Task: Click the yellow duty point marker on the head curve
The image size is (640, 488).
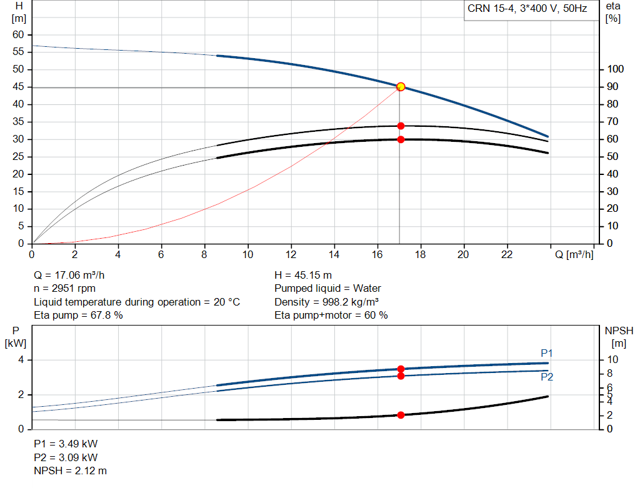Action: coord(401,86)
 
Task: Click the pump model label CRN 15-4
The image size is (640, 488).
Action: coord(490,9)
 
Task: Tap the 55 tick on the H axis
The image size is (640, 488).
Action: coord(18,52)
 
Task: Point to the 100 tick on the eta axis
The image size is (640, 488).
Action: coord(615,69)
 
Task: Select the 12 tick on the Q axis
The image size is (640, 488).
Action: coord(291,254)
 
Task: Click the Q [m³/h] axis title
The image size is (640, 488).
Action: coord(574,254)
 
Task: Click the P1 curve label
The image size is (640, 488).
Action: coord(546,353)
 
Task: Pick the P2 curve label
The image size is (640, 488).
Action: coord(547,377)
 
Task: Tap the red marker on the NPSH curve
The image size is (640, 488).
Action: coord(401,415)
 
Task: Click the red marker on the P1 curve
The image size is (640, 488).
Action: coord(401,369)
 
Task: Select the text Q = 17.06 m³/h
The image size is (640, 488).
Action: coord(69,276)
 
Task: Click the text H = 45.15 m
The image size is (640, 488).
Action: coord(303,276)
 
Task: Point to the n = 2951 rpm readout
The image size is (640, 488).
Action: coord(64,289)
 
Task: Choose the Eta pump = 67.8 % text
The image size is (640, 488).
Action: coord(78,316)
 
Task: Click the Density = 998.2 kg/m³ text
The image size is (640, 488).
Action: coord(326,302)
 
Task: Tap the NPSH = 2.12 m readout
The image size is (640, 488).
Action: coord(70,471)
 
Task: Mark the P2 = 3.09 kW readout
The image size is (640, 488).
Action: coord(66,457)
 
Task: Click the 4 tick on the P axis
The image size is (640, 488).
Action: coord(21,360)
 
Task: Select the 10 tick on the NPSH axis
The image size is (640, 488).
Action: coord(612,360)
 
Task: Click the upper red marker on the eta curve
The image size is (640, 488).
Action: coord(401,126)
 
